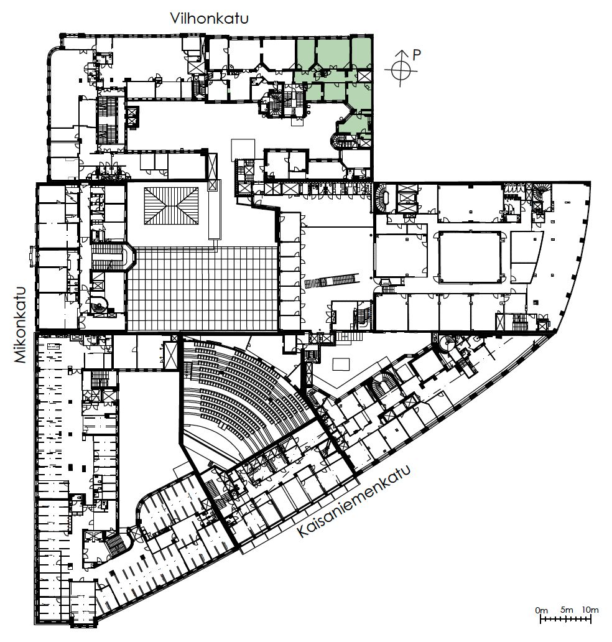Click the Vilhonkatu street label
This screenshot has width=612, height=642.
coord(209,19)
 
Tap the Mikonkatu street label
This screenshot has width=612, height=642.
coord(21,325)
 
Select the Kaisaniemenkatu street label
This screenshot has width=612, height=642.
coord(353,501)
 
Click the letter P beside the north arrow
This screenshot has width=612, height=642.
coord(417,55)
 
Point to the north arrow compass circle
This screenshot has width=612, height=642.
coord(401,70)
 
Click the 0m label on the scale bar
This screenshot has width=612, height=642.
coord(541,610)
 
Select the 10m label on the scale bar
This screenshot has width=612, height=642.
coord(590,610)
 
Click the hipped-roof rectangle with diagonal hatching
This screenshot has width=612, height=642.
coord(172,206)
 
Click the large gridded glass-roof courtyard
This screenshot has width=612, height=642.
coord(203,288)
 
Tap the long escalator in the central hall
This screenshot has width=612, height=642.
coord(331,281)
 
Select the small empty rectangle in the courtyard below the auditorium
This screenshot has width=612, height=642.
coord(341,364)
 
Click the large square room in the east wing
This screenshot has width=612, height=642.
coord(470,257)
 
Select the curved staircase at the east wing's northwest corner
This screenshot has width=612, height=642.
coord(381,198)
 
